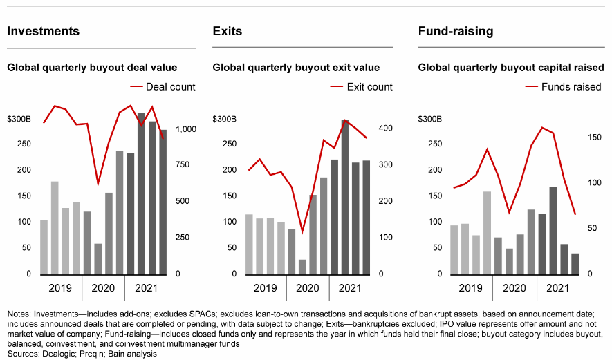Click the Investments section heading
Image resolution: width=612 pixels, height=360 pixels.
click(43, 31)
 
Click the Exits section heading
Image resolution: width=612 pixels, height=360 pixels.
click(228, 31)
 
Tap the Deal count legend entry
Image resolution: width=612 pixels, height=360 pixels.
click(170, 86)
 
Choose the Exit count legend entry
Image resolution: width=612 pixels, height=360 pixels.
click(369, 86)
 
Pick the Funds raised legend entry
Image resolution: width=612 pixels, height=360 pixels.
click(571, 86)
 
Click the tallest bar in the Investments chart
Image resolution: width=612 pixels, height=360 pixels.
click(141, 193)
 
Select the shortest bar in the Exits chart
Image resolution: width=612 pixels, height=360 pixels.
click(302, 267)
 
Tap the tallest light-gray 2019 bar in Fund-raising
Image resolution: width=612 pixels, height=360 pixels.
click(487, 232)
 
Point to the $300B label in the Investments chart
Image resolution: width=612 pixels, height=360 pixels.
click(19, 119)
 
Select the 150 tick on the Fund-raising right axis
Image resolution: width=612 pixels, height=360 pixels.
click(593, 138)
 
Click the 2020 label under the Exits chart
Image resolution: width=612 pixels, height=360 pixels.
click(307, 288)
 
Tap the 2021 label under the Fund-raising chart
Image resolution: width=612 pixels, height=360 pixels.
click(558, 288)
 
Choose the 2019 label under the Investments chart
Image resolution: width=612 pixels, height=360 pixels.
click(59, 288)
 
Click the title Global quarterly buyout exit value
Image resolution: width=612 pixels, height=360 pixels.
click(296, 68)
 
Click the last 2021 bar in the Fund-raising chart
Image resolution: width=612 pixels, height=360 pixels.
click(575, 263)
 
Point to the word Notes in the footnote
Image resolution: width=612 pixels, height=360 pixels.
click(19, 314)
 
